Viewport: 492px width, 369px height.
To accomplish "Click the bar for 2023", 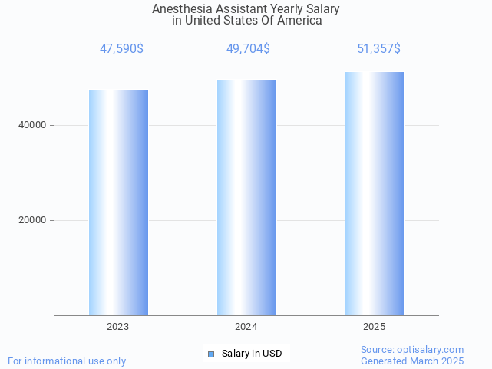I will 118,203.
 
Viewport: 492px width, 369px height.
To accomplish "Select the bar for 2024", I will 246,197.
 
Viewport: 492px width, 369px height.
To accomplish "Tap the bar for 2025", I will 375,193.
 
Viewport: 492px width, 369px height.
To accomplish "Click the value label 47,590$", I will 121,49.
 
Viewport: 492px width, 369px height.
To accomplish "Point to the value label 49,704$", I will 248,49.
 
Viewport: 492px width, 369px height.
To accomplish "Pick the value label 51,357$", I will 378,49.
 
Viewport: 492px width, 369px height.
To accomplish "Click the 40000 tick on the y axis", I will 32,125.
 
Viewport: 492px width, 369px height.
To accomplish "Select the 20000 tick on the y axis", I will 32,220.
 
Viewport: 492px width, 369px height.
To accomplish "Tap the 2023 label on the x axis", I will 118,327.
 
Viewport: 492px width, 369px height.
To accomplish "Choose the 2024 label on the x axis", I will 246,327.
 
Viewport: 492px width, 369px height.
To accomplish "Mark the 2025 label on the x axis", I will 375,327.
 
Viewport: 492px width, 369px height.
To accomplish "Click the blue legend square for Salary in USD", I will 212,354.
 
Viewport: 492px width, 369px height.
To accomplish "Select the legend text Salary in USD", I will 252,354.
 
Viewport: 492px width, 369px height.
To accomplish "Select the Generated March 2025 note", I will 412,361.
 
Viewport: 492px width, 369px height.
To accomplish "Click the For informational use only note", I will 67,361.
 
